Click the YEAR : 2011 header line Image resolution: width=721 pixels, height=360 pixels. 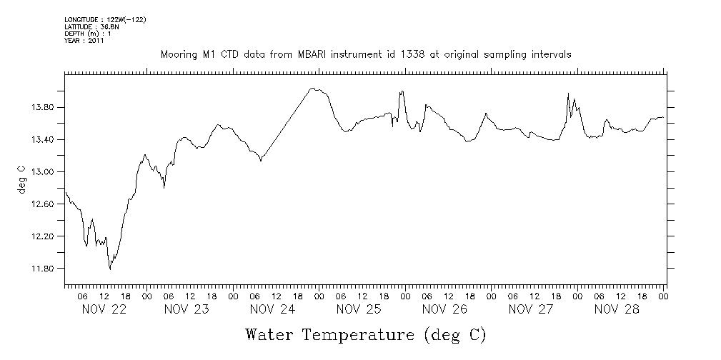coord(84,41)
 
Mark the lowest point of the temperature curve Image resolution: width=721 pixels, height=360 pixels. coord(110,269)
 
